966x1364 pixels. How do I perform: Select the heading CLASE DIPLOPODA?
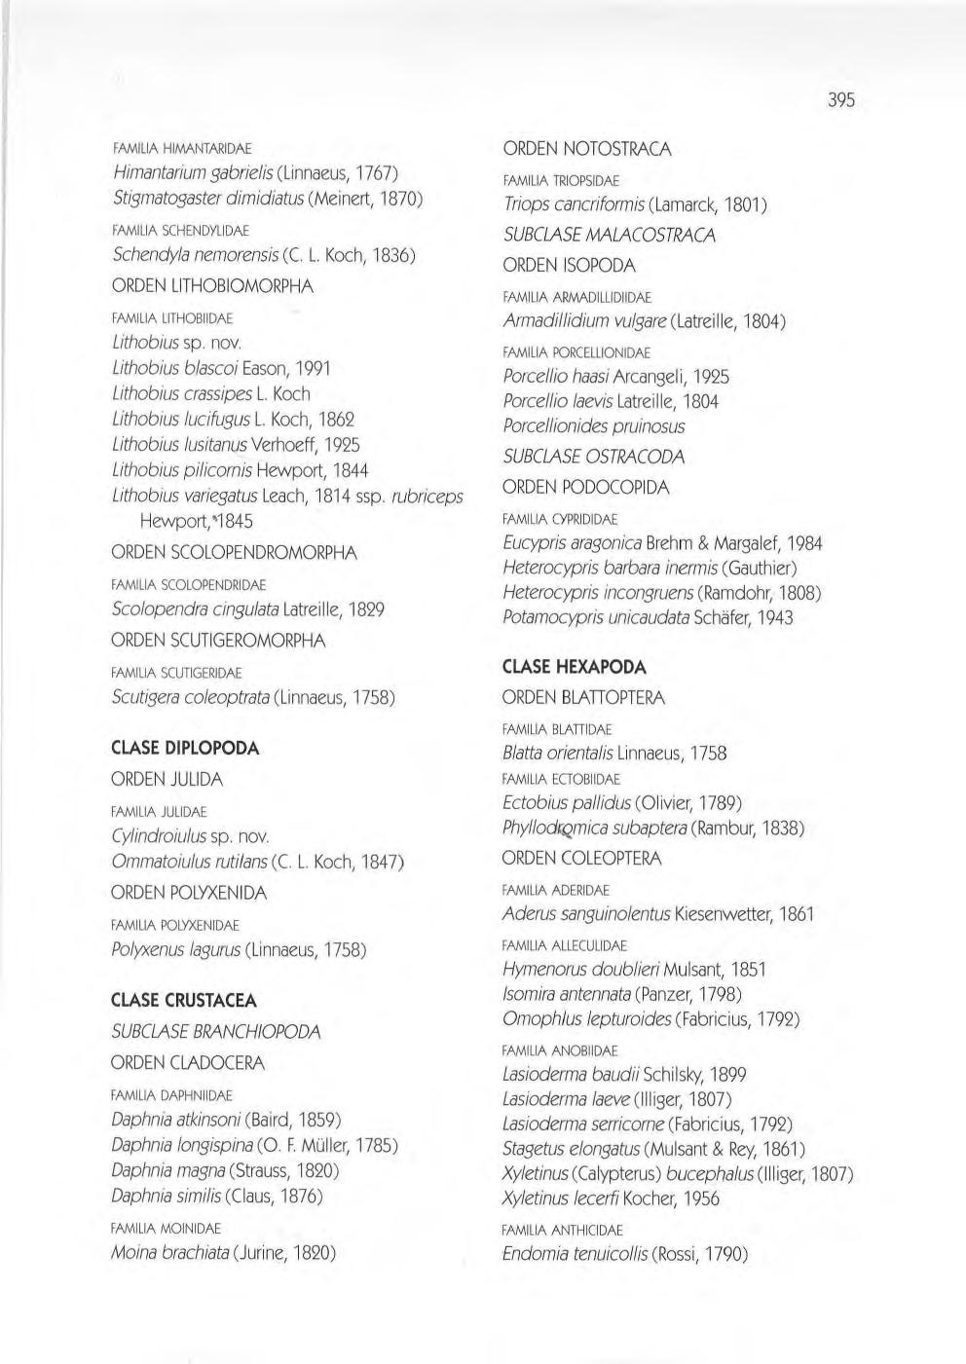coord(185,749)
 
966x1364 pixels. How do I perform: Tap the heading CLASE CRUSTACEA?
coord(184,1001)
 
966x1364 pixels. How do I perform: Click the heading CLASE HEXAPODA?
coord(575,668)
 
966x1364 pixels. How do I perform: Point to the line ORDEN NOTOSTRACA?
coord(587,149)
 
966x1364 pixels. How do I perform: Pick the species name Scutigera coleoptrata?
coord(191,698)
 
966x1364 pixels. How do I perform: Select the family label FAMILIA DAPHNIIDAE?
coord(172,1095)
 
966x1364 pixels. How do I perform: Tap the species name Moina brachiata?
coord(169,1252)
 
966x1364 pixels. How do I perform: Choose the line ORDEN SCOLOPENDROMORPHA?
coord(235,553)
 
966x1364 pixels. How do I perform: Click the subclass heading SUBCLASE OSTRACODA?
coord(594,457)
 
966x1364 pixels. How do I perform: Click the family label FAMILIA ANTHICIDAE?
coord(563,1231)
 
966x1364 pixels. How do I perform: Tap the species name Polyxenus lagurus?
coord(176,950)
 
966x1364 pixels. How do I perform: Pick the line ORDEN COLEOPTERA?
coord(581,859)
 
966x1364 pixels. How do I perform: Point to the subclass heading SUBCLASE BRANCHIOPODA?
coord(216,1032)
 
